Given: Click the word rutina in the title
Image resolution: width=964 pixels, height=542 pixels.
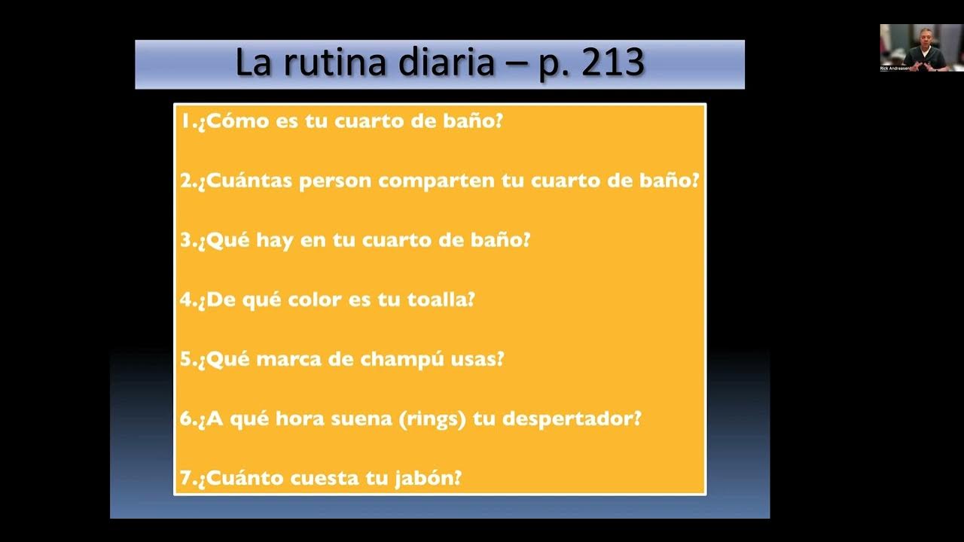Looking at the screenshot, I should click(334, 63).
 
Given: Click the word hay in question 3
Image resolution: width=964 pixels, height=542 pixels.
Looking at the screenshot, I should click(274, 241).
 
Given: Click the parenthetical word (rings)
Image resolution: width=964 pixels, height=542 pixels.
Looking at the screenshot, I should click(430, 419).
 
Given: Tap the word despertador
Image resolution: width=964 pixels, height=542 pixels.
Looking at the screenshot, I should click(572, 419).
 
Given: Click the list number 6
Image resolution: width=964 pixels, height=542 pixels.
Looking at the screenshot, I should click(186, 419).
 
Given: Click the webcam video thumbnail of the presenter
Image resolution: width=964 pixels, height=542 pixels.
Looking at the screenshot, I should click(921, 47).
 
